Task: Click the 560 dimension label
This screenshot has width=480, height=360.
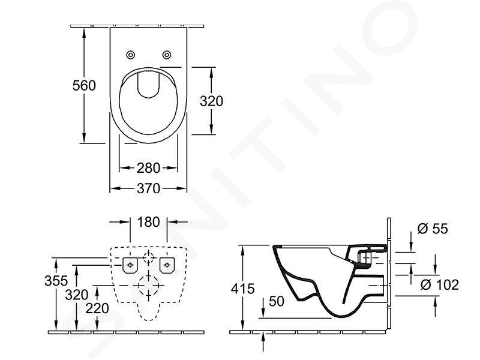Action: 84,85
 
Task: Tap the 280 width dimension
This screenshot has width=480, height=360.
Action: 148,168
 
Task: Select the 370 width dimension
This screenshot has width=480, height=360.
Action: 148,188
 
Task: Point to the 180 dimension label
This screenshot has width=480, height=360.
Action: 148,222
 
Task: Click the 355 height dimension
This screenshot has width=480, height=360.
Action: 56,281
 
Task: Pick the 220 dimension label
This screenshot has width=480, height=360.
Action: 97,308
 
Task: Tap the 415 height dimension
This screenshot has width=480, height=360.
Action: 243,289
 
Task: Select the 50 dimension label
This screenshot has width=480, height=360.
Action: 277,301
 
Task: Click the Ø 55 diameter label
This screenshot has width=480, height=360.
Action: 433,229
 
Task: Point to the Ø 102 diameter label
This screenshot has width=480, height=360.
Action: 440,284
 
